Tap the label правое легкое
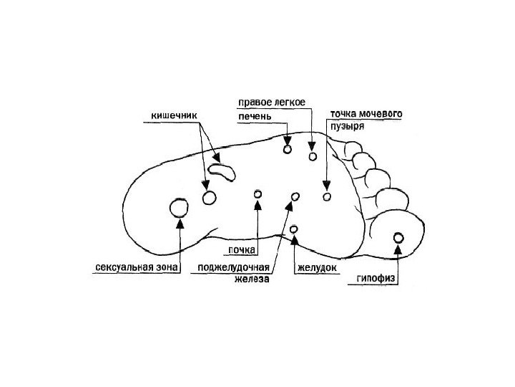tap(270, 102)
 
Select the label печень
tap(254, 115)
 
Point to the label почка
tap(242, 250)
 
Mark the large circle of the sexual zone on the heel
tap(178, 209)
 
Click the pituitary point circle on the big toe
tap(399, 239)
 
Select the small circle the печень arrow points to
tap(288, 150)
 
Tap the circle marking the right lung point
tap(312, 156)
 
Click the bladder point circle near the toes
tap(328, 196)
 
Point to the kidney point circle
tap(257, 194)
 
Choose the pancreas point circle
tap(294, 196)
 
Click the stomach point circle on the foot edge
tap(295, 229)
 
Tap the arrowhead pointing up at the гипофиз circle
tap(399, 250)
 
